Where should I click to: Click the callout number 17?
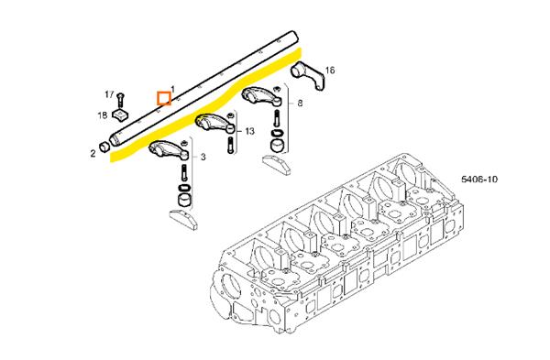coord(109,94)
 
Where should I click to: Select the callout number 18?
coord(103,115)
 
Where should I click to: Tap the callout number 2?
coord(93,153)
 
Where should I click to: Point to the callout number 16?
coord(330,71)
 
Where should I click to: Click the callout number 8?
coord(300,104)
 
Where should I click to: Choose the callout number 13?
coord(249,132)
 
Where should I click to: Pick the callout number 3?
coord(203,157)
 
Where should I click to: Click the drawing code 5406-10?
coord(479,180)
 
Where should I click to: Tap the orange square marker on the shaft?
coord(164,98)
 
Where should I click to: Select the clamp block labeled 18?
coord(120,115)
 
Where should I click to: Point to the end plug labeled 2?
coord(104,147)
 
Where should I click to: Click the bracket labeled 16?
coord(309,74)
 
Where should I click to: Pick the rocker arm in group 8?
coord(261,95)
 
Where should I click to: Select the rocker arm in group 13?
coord(214,123)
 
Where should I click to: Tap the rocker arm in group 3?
coord(169,148)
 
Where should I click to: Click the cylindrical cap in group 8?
coord(278,147)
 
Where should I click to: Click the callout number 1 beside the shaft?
coord(172,89)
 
